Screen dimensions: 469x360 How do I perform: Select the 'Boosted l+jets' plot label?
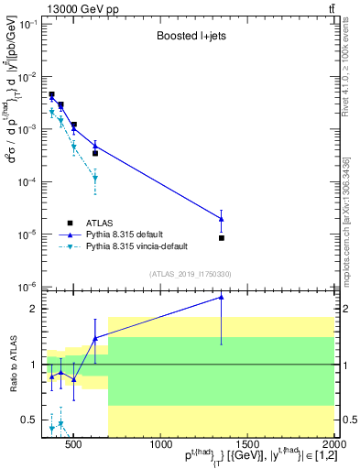coord(191,38)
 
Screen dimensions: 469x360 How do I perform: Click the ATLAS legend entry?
coord(99,223)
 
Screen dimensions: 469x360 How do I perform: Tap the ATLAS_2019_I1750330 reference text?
coord(190,273)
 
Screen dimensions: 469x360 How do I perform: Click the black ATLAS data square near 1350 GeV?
coord(222,238)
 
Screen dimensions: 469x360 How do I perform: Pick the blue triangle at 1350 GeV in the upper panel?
coord(222,218)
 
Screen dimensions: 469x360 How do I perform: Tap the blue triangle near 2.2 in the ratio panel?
coord(222,297)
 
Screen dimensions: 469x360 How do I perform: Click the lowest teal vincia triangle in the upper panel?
coord(95,179)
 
